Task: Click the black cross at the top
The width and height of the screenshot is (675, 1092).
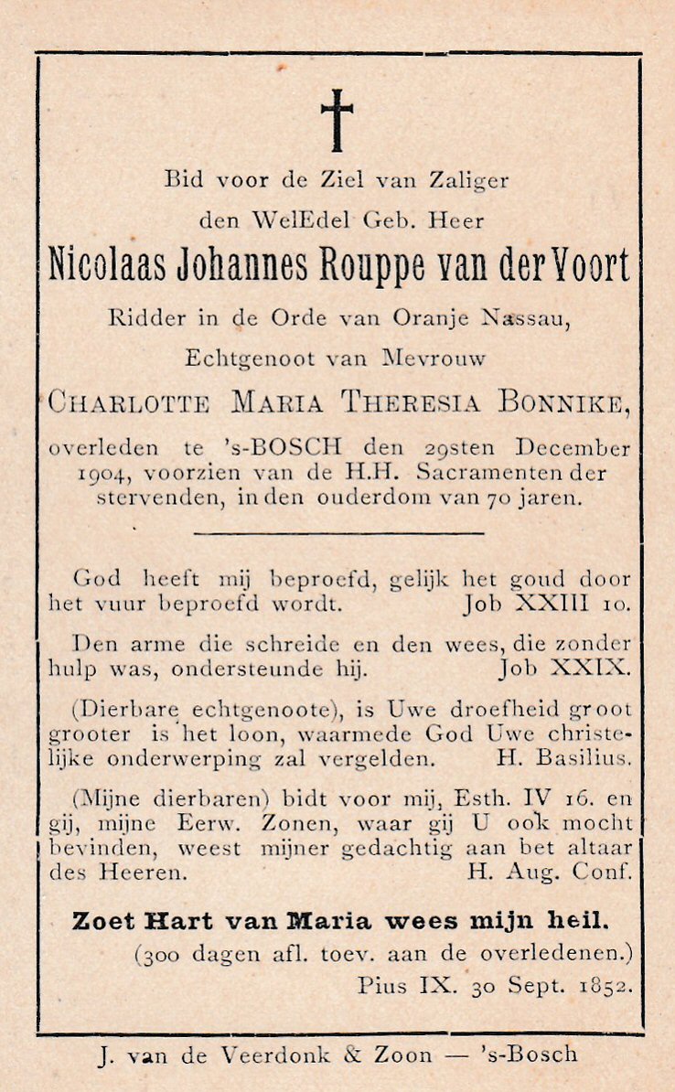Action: coord(337,120)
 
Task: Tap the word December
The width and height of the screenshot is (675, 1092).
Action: coord(573,449)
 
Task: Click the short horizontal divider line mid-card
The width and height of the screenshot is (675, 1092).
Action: coord(338,531)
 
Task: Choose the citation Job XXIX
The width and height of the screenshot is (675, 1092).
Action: coord(563,669)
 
